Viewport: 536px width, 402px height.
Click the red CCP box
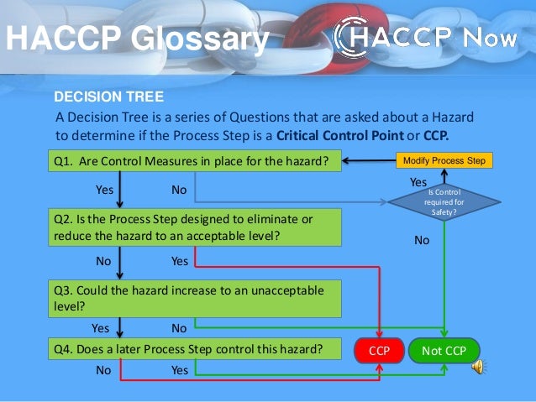[x=380, y=351]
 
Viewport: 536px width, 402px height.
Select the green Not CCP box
[x=444, y=351]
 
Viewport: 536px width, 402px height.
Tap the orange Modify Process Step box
[x=444, y=159]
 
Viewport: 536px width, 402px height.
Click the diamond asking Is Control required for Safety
[x=444, y=201]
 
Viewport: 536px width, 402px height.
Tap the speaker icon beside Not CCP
[x=480, y=366]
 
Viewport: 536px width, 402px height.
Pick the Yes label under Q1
[x=104, y=190]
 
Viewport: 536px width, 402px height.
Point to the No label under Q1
[x=179, y=190]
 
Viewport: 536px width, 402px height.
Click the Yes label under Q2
[x=180, y=261]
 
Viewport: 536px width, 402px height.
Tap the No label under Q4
[x=103, y=369]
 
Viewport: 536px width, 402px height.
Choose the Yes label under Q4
[x=180, y=369]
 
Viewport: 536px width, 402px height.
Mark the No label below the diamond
[x=423, y=240]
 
